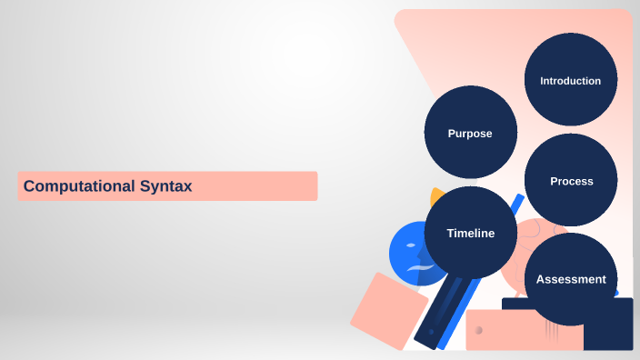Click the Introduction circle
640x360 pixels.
pyautogui.click(x=571, y=81)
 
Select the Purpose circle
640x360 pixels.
pyautogui.click(x=470, y=133)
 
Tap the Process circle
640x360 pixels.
pyautogui.click(x=571, y=181)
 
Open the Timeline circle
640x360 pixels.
pyautogui.click(x=470, y=234)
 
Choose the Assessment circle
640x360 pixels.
pyautogui.click(x=571, y=279)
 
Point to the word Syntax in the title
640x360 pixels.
pyautogui.click(x=166, y=186)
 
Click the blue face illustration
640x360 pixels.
pyautogui.click(x=409, y=255)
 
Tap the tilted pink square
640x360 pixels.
pyautogui.click(x=389, y=310)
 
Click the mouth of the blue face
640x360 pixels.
pyautogui.click(x=419, y=269)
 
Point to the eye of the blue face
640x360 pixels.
pyautogui.click(x=410, y=246)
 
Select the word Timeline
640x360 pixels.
pyautogui.click(x=470, y=234)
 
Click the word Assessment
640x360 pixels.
pyautogui.click(x=571, y=279)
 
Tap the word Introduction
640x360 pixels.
pyautogui.click(x=571, y=81)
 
